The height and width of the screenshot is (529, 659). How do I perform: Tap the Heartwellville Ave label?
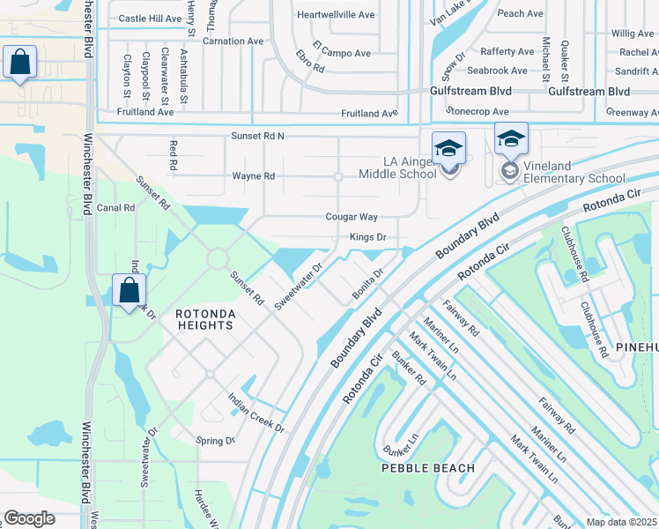(336, 15)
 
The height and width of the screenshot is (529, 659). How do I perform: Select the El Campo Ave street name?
(345, 54)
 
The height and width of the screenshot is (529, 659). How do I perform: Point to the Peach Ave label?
(520, 14)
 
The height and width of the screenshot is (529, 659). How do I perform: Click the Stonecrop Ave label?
(478, 112)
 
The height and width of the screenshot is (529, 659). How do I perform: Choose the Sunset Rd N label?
(258, 136)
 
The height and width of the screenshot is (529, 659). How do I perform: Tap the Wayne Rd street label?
(254, 176)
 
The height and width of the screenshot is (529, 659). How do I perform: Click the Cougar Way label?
(352, 217)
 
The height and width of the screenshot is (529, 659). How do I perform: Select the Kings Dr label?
(368, 237)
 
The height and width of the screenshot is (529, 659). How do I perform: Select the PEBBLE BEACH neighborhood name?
(428, 468)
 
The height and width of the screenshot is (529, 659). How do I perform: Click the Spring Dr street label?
(216, 441)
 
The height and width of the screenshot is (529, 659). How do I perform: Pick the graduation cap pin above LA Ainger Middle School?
(448, 148)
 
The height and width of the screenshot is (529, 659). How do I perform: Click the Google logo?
(29, 518)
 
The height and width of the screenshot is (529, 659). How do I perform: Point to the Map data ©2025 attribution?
(621, 522)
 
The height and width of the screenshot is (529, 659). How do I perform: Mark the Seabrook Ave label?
(500, 71)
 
